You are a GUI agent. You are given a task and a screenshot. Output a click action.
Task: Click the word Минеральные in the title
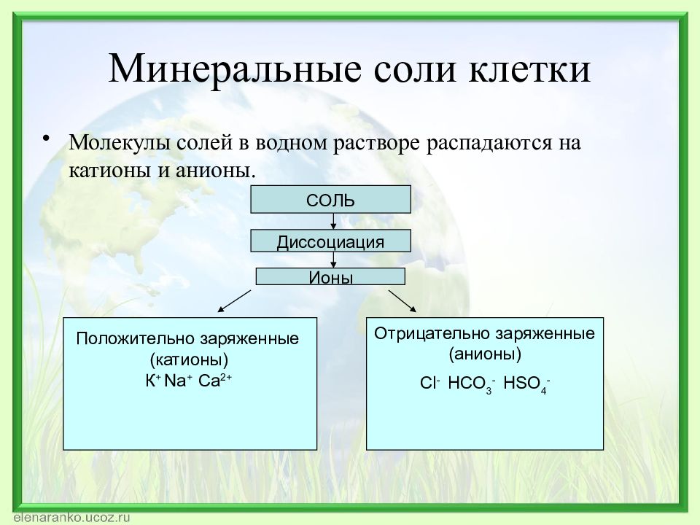pyautogui.click(x=235, y=69)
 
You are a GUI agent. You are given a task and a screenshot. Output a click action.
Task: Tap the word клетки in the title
pyautogui.click(x=530, y=69)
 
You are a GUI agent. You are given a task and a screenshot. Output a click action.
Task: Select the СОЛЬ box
pyautogui.click(x=330, y=199)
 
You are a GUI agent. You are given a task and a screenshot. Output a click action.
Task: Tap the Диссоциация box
pyautogui.click(x=330, y=241)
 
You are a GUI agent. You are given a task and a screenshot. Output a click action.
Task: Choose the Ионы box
pyautogui.click(x=330, y=276)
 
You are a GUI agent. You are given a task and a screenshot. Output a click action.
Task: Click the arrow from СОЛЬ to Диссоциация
pyautogui.click(x=333, y=222)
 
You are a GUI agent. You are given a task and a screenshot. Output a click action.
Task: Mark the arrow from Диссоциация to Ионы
pyautogui.click(x=333, y=260)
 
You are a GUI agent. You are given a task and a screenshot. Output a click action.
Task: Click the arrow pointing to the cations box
pyautogui.click(x=234, y=301)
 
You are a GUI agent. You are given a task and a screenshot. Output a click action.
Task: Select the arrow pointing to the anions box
pyautogui.click(x=402, y=301)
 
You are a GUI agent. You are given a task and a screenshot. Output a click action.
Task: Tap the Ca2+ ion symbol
pyautogui.click(x=214, y=381)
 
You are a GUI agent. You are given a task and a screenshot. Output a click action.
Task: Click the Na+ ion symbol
pyautogui.click(x=178, y=381)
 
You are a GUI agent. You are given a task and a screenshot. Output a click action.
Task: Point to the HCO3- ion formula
pyautogui.click(x=472, y=384)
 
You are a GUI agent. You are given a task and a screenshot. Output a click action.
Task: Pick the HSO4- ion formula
pyautogui.click(x=526, y=384)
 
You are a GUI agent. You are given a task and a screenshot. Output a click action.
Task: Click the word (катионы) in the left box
pyautogui.click(x=190, y=359)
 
